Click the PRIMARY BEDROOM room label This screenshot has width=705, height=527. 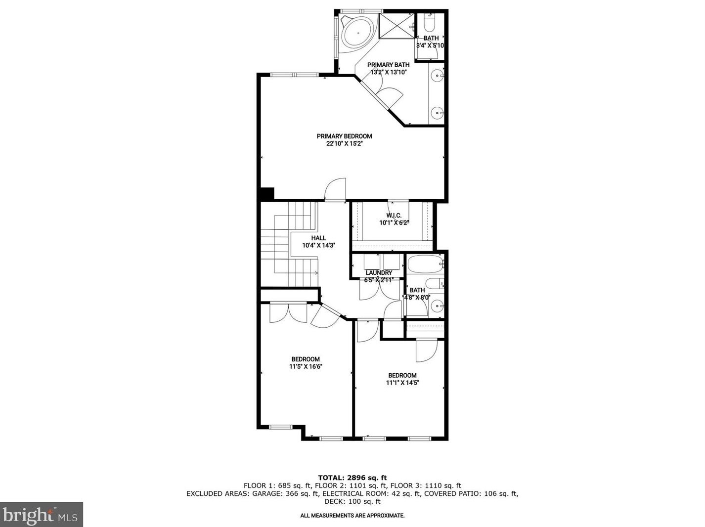pos(344,136)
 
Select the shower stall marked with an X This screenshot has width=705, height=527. pos(397,26)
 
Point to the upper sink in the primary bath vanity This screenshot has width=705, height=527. pos(437,76)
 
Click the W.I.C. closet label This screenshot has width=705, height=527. pos(394,216)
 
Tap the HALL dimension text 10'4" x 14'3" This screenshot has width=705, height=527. pos(319,245)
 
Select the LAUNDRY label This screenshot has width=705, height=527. pos(379,273)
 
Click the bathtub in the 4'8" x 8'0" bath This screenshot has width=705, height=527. pos(424,264)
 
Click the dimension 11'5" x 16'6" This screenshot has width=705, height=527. pos(306,367)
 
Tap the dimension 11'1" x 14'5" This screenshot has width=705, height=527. pos(402,383)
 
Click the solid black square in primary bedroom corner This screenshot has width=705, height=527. pos(267,194)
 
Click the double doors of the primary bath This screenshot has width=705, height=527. pos(386,94)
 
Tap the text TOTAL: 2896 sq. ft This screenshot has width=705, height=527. pos(352,478)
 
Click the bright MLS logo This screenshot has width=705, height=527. pos(42,515)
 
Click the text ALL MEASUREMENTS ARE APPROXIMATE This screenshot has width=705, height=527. pos(352,516)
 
